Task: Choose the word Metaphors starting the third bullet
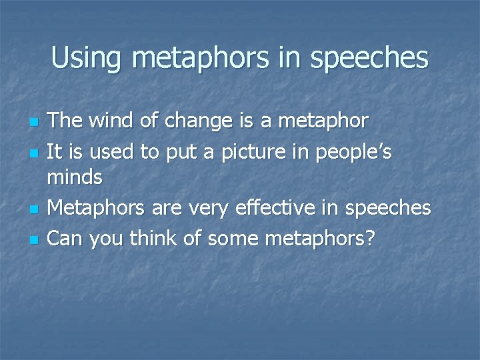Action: (x=98, y=207)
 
